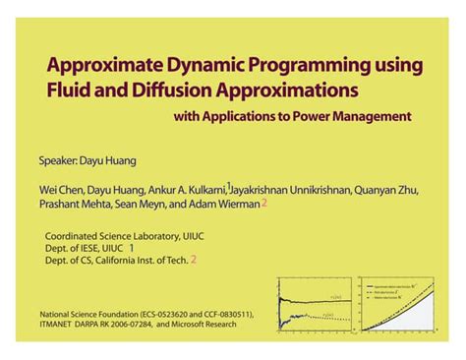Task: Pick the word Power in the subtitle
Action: click(329, 117)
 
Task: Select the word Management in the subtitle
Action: click(383, 117)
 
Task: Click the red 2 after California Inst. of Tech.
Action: click(193, 261)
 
